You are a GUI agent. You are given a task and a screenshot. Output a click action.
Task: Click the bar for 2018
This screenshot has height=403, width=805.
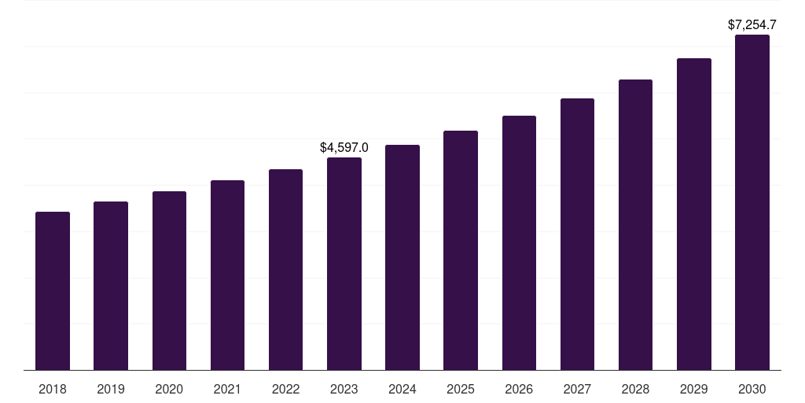point(53,291)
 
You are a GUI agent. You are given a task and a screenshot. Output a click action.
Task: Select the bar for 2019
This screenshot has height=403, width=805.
point(111,286)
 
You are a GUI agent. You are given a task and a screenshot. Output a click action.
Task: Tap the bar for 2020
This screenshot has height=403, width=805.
point(169,281)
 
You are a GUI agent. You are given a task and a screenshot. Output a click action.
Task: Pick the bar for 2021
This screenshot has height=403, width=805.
point(227,275)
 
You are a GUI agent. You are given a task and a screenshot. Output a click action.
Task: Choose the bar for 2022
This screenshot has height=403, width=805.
point(285,270)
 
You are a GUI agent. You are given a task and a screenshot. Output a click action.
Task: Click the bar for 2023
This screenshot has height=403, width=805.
point(344,264)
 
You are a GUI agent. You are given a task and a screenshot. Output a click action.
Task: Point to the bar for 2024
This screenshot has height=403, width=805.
point(402,257)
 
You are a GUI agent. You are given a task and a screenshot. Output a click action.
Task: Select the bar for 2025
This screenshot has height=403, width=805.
point(461,250)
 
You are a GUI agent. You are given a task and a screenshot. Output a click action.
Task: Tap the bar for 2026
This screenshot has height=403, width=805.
point(519,243)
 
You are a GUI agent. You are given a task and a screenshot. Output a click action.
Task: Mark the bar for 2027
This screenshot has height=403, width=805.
point(577,235)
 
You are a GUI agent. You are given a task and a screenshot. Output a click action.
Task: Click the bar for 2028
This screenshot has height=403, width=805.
point(635,225)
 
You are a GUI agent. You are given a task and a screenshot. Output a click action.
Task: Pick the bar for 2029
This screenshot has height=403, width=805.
point(694,214)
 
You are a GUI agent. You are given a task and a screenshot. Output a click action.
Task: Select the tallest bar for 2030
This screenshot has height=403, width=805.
point(752,202)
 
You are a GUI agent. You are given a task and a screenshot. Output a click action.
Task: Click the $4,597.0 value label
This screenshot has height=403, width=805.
point(344,147)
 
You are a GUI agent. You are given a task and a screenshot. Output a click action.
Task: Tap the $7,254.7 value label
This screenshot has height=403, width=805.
point(752,25)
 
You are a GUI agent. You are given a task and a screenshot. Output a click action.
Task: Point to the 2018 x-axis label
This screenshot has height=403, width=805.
point(53,389)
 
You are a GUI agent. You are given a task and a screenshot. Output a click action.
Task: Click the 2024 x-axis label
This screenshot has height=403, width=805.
point(402,389)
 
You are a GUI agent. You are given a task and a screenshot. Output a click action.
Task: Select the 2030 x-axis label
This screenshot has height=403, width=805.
point(752,389)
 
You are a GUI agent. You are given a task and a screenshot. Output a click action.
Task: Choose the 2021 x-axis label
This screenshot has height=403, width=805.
point(227,389)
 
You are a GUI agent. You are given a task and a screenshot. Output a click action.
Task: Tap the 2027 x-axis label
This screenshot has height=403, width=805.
point(577,389)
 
